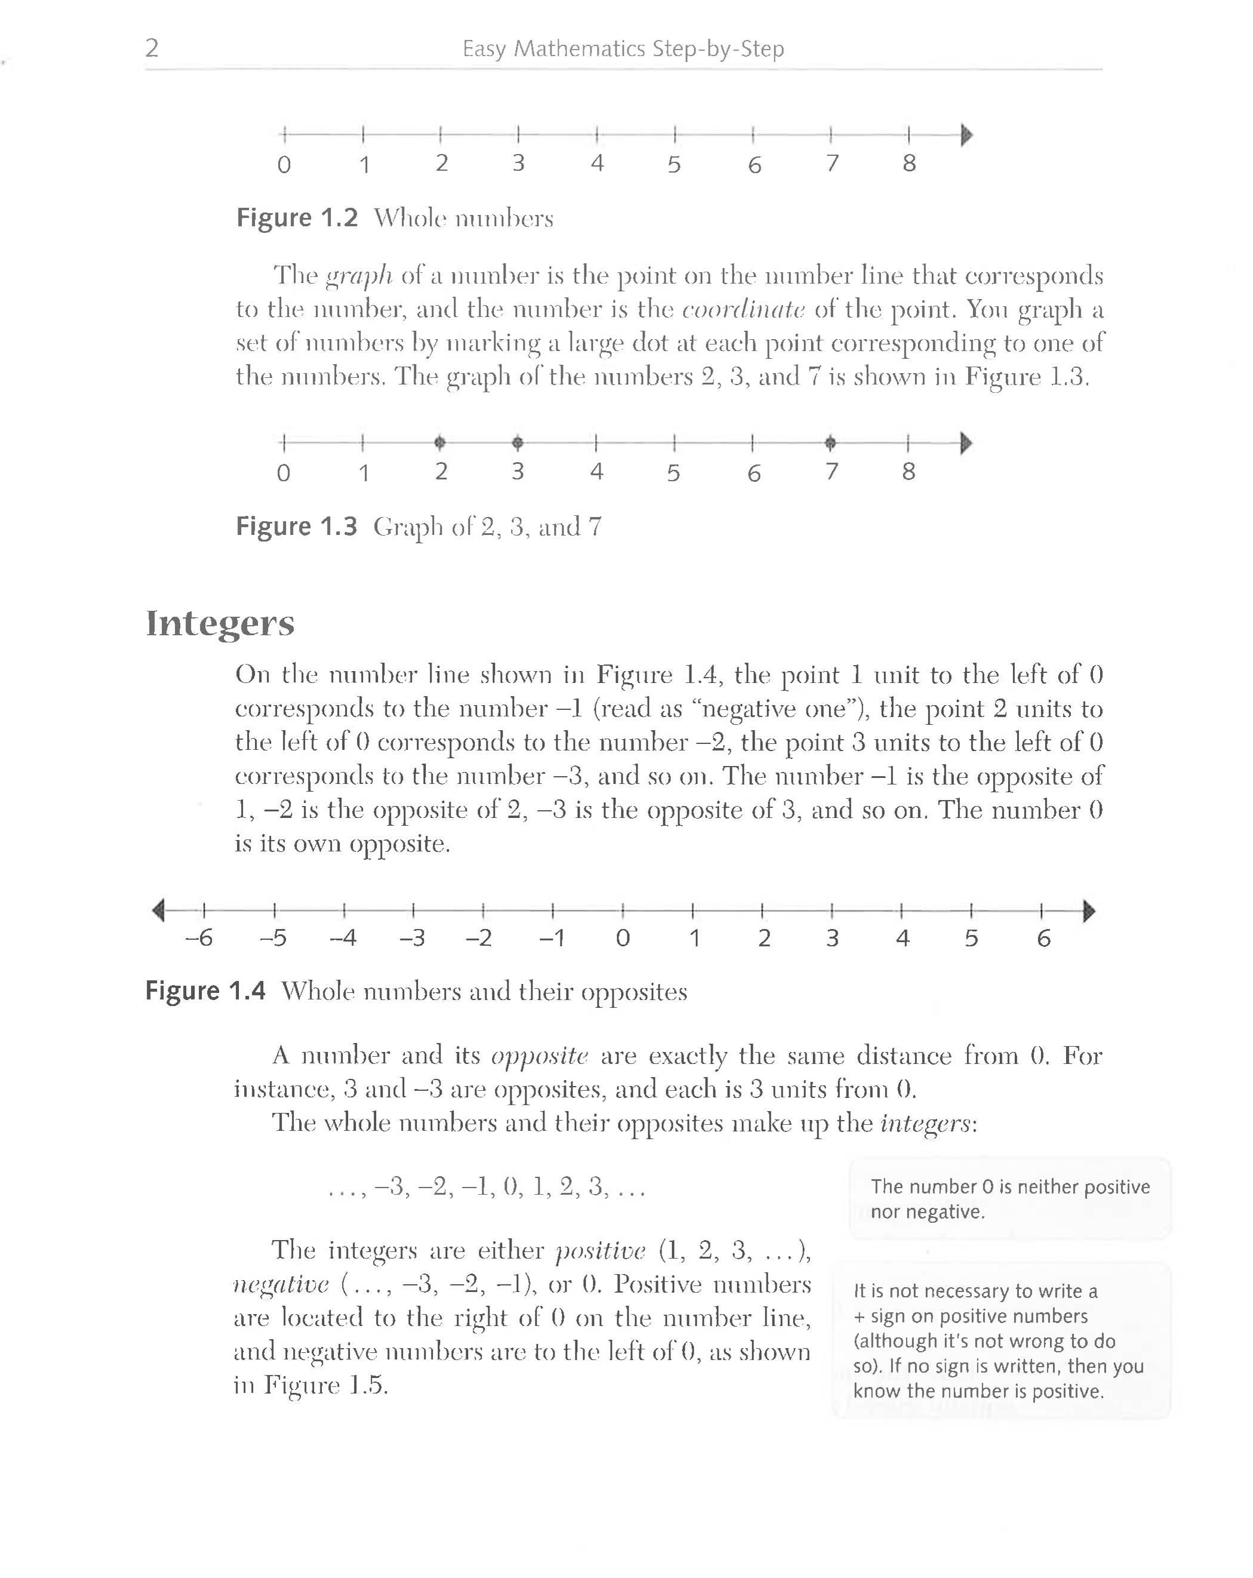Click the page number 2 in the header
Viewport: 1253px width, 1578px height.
tap(152, 48)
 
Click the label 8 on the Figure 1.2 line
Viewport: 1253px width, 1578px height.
tap(909, 163)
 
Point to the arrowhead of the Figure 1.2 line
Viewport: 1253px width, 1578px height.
tap(966, 135)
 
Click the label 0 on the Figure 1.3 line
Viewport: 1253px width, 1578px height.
tap(283, 473)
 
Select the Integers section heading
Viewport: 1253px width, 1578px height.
tap(220, 623)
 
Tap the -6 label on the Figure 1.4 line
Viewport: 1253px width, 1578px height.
tap(198, 937)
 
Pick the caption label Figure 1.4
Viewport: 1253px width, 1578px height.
tap(205, 991)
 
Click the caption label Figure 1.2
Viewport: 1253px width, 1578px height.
tap(297, 218)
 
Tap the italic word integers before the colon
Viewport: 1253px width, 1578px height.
tap(926, 1123)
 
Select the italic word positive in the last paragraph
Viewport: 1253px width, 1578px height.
tap(600, 1251)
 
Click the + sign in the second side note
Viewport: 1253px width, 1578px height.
tap(859, 1316)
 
